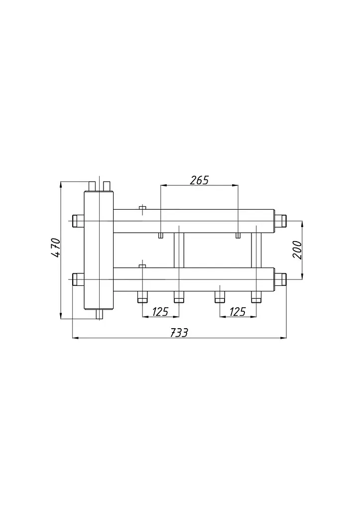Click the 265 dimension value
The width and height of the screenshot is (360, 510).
coord(199,180)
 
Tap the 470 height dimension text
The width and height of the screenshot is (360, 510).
coord(56,248)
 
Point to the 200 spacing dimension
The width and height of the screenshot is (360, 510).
coord(297,250)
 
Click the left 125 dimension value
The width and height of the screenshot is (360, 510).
coord(160,312)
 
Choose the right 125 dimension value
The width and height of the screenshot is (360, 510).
coord(238,312)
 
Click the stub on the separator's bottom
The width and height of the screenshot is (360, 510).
coord(99,314)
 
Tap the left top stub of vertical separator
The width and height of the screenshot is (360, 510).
coord(92,186)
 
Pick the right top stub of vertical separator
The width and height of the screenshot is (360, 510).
coord(107,186)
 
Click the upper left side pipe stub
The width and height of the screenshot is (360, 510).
coord(78,221)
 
